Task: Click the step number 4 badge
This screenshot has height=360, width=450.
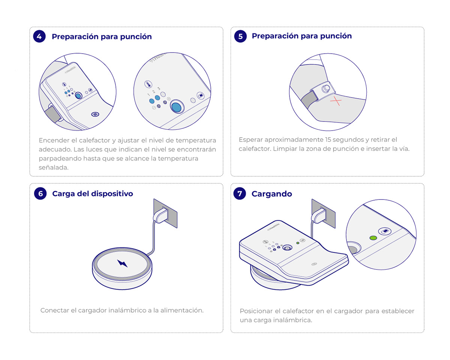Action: tap(39, 36)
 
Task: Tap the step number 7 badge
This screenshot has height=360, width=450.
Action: tap(240, 193)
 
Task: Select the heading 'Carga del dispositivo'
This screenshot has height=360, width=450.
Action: tap(92, 193)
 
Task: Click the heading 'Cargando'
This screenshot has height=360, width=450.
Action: tap(271, 194)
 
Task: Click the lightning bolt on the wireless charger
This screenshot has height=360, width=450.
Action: tap(123, 263)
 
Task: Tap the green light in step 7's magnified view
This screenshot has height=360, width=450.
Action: tap(373, 238)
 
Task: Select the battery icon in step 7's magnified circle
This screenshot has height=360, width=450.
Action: tap(385, 231)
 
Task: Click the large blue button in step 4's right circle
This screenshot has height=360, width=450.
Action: tap(176, 107)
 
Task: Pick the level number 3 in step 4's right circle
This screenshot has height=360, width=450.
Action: tap(159, 88)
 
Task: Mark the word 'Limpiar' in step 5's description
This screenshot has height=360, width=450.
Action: tap(285, 149)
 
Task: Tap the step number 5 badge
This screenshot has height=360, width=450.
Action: tap(240, 36)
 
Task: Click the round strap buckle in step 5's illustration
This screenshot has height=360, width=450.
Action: tap(326, 88)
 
